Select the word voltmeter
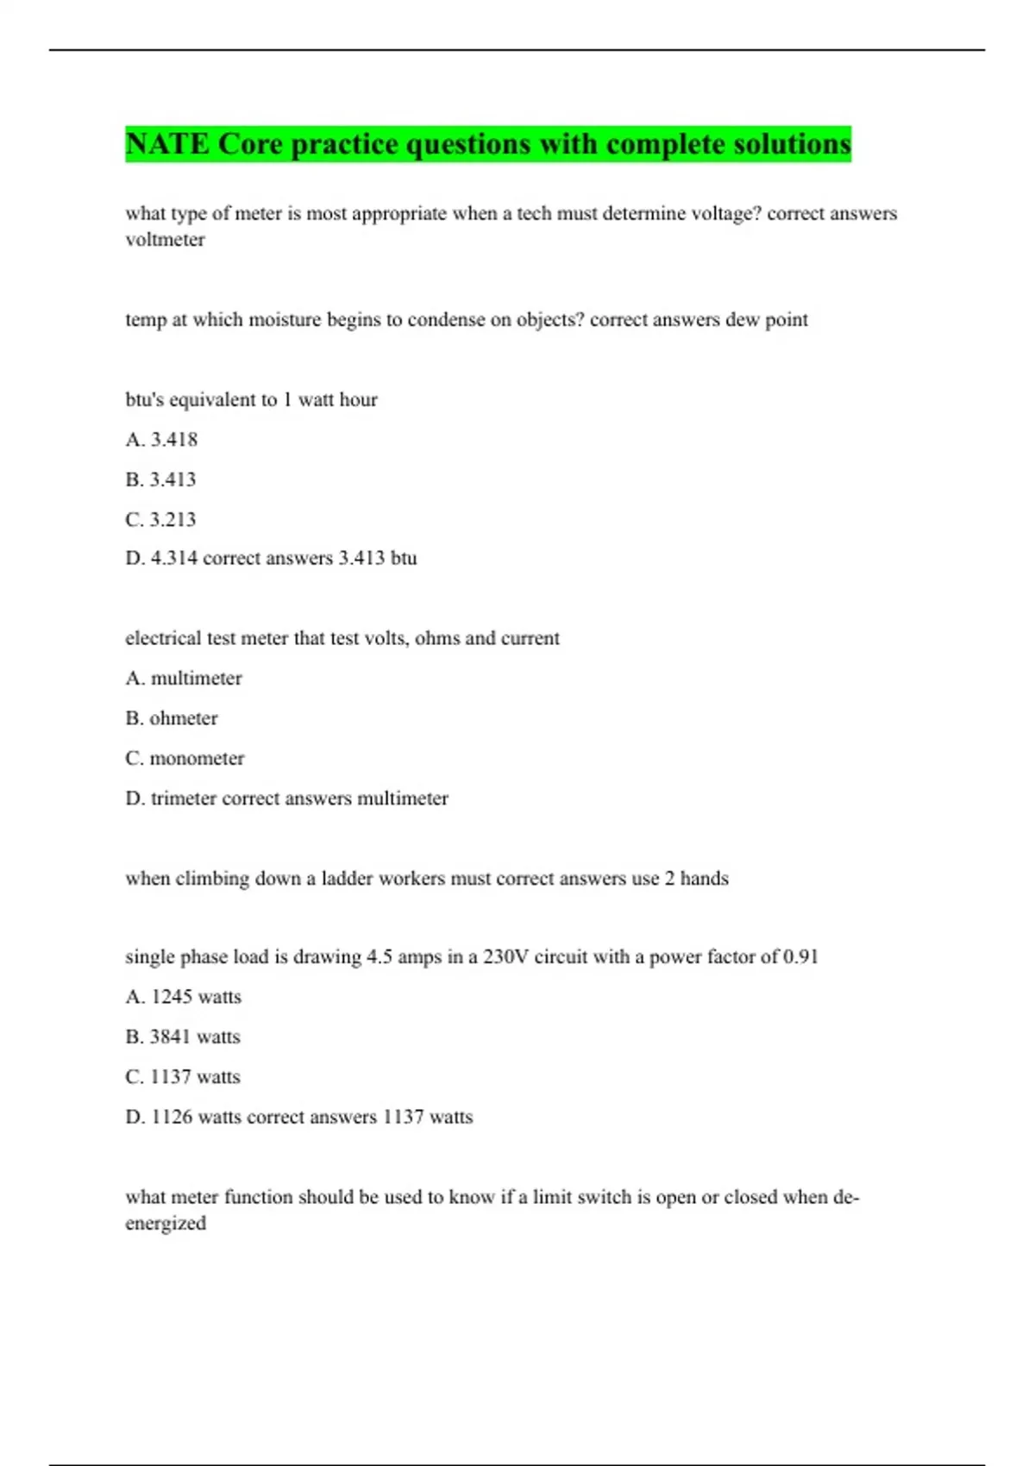[165, 240]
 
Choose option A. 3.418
[161, 440]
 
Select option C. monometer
[185, 759]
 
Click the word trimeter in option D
[183, 799]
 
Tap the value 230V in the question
[505, 957]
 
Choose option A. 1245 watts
[183, 997]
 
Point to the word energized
[166, 1224]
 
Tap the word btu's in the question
[145, 400]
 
